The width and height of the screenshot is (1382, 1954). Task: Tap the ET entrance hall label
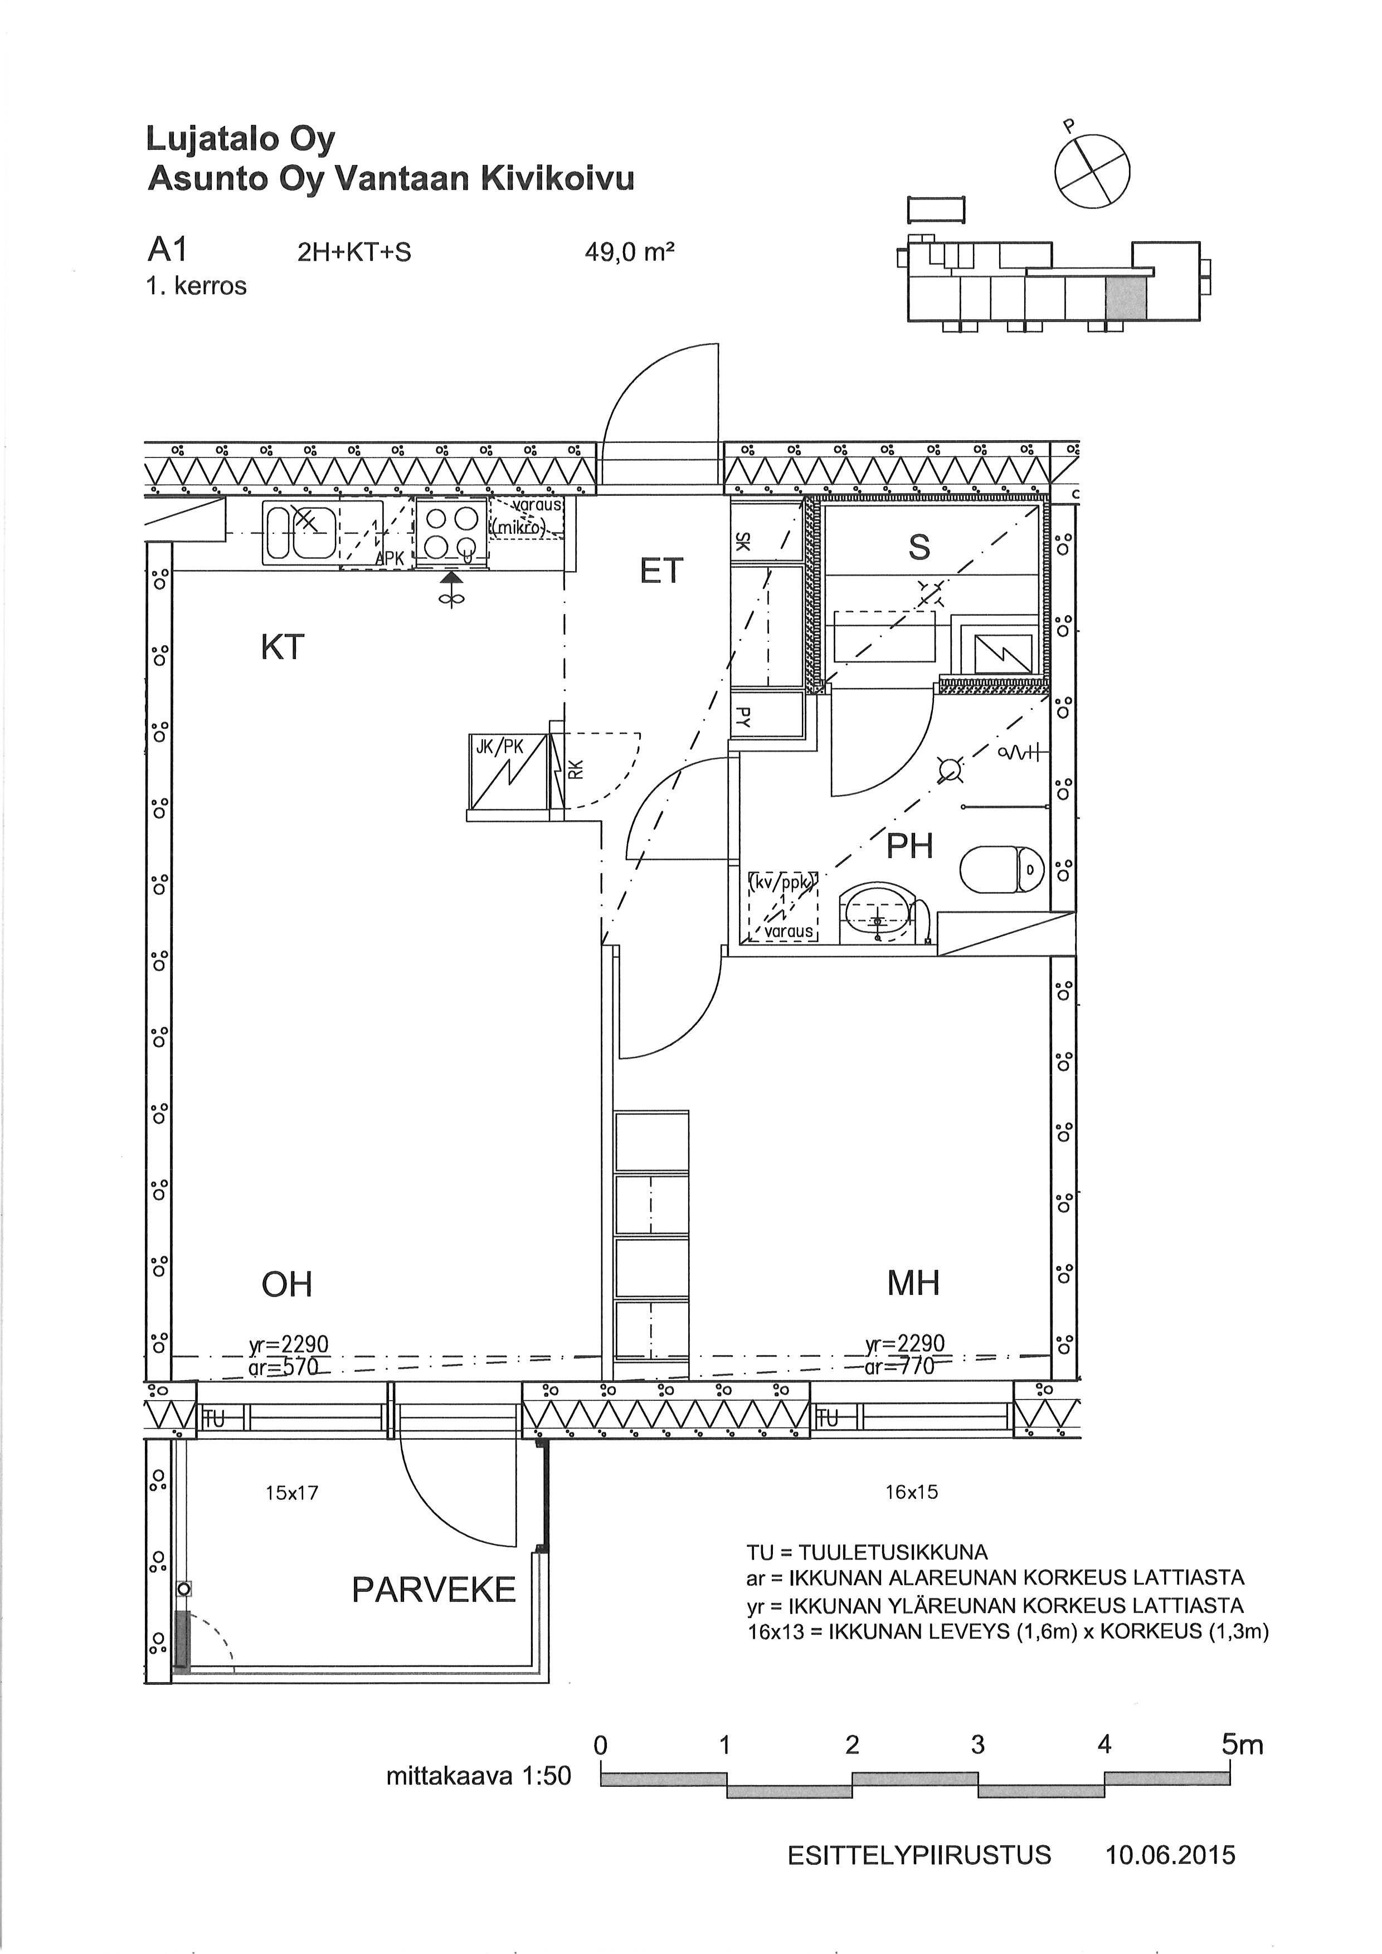click(661, 571)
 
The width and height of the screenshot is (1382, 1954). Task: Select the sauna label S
click(919, 547)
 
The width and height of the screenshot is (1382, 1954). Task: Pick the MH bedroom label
click(913, 1283)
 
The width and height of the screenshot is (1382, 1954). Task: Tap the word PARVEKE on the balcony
click(434, 1590)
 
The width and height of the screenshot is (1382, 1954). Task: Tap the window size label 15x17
click(292, 1493)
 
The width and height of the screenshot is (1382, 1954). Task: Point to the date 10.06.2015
click(1170, 1855)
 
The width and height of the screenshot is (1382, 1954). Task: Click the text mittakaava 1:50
click(478, 1776)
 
